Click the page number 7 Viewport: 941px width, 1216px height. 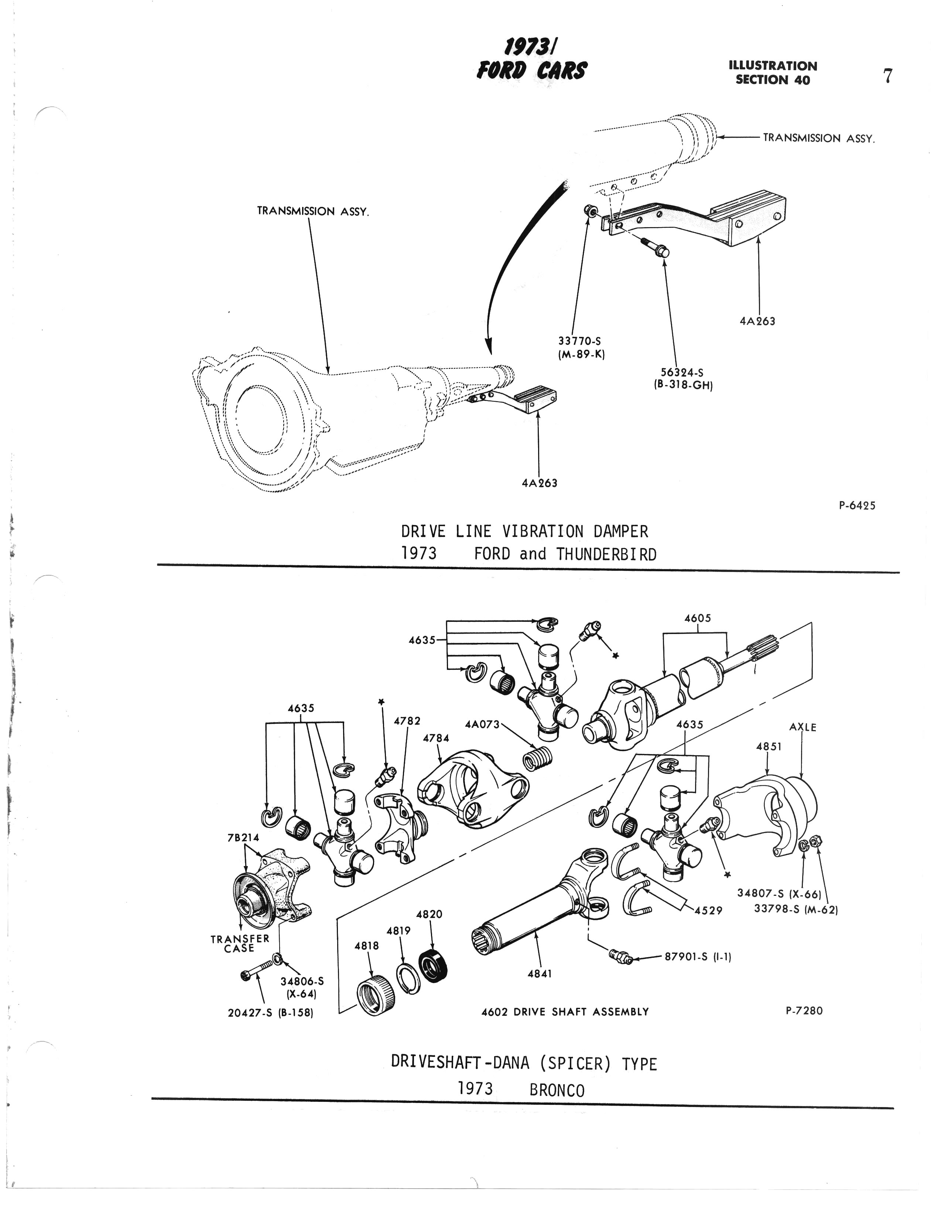coord(887,75)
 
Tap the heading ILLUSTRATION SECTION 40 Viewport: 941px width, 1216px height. coord(773,73)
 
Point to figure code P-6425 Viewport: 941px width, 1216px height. coord(857,506)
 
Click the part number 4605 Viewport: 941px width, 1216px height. coord(698,618)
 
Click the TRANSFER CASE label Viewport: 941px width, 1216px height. coord(240,943)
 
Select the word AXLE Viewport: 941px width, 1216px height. coord(803,727)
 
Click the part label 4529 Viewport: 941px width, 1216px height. coord(708,910)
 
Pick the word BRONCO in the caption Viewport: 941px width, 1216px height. coord(557,1090)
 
